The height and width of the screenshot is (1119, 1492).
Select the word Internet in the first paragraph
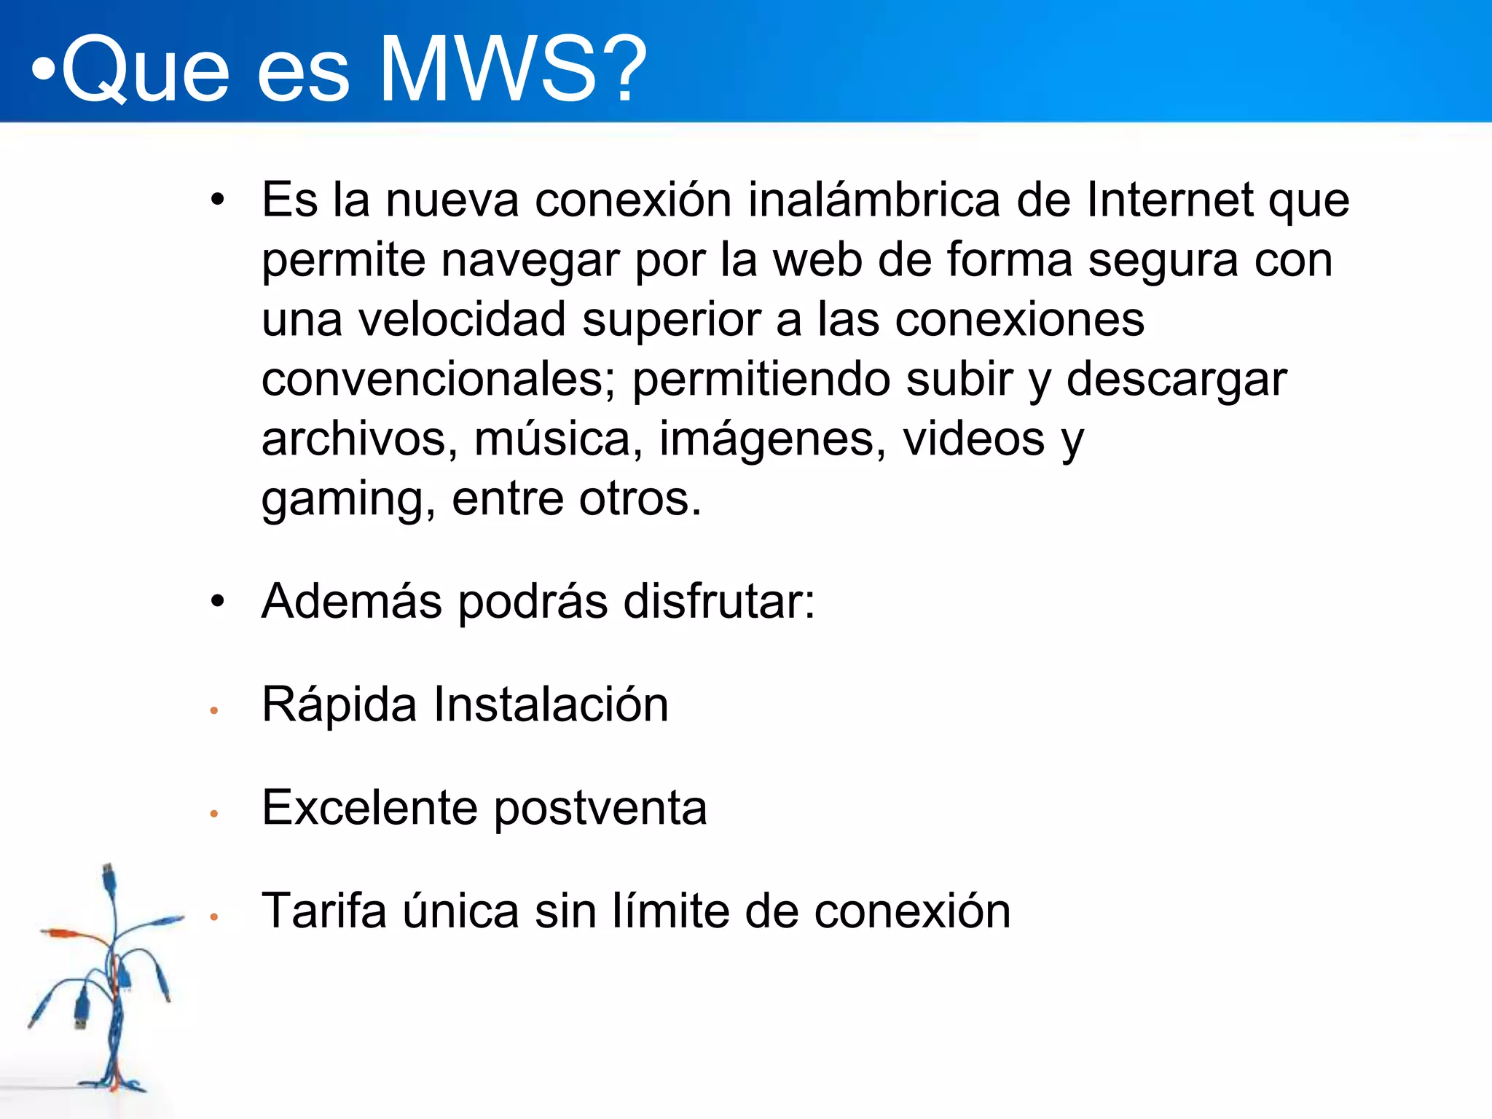coord(1169,200)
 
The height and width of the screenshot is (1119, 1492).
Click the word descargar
coord(1177,381)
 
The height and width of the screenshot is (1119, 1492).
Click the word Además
coord(352,602)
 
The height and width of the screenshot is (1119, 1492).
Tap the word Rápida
coord(339,705)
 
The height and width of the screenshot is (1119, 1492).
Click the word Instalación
coord(551,704)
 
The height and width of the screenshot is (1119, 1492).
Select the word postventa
coord(600,809)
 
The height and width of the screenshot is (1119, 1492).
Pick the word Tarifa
coord(324,911)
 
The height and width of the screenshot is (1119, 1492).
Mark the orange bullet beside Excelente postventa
coord(214,814)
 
